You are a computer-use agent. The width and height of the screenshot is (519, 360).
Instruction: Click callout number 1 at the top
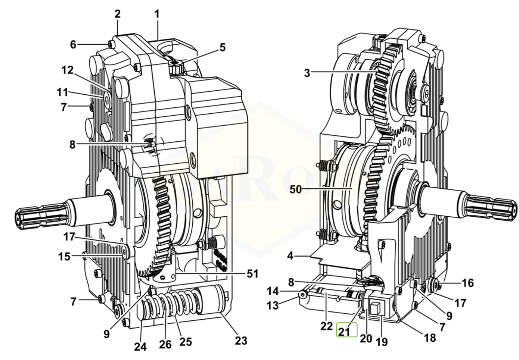(157, 14)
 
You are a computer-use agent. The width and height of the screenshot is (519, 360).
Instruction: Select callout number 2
(118, 14)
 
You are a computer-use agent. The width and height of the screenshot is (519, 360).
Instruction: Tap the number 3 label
(307, 74)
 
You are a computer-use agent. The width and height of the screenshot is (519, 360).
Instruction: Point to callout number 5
(222, 48)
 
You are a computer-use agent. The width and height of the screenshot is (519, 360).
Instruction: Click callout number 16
(467, 283)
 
